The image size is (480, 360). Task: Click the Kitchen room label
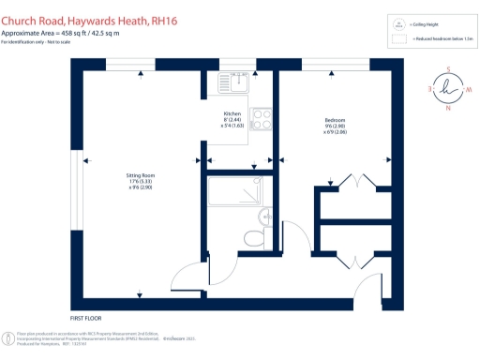[x=232, y=114]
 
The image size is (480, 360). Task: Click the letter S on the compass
[x=448, y=67]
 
